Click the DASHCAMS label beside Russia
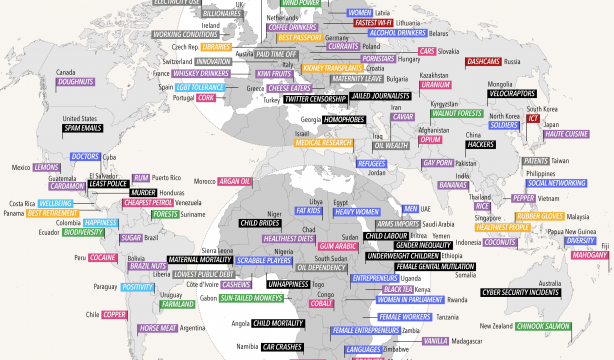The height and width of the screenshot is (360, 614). [x=491, y=61]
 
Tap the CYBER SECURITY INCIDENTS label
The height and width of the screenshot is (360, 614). [x=540, y=292]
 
